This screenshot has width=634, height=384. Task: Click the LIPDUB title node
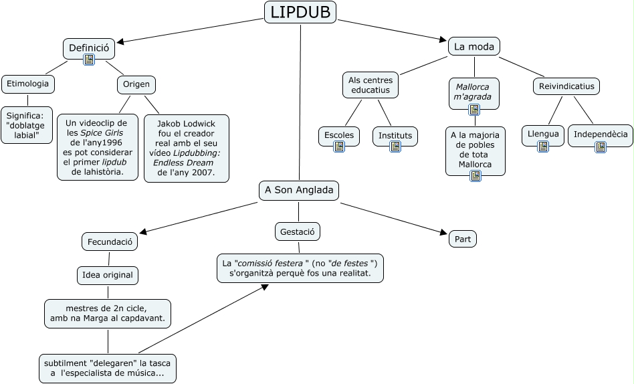(300, 12)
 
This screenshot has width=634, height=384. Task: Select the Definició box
(89, 48)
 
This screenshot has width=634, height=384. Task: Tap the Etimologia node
(28, 84)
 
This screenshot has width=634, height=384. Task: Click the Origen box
(137, 84)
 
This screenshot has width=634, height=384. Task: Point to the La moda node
(473, 46)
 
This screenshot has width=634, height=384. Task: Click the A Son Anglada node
(299, 191)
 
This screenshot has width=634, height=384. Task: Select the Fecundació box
(110, 242)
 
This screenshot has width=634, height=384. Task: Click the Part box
(463, 239)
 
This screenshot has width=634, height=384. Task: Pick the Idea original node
(108, 274)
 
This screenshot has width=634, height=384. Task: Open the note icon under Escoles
(339, 147)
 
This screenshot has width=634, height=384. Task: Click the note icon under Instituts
(395, 147)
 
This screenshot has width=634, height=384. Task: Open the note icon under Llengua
(543, 146)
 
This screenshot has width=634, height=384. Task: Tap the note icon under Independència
(601, 147)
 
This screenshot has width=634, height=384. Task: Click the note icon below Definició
(89, 60)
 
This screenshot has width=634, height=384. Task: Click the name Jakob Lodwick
(186, 124)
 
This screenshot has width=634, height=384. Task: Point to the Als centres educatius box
(371, 85)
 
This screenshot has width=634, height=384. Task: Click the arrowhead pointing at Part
(443, 232)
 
